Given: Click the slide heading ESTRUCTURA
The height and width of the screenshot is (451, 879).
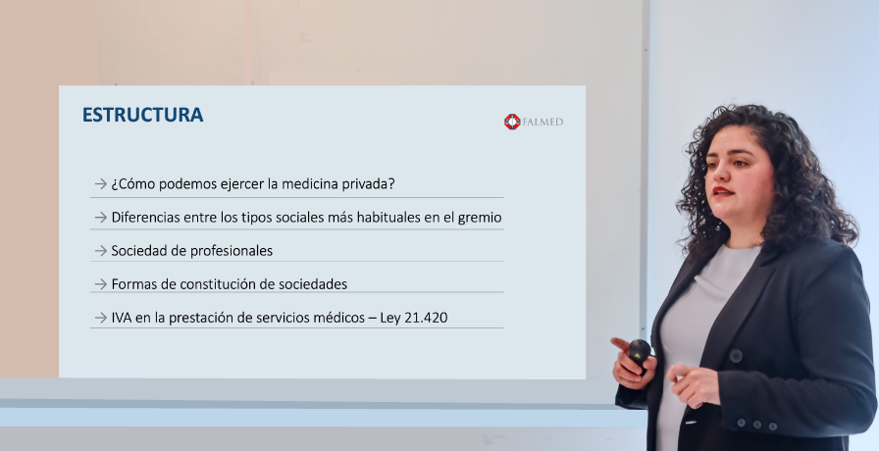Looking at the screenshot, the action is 142,115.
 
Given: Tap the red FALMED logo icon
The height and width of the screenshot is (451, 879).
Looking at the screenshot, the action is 512,122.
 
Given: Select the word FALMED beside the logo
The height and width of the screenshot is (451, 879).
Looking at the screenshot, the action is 543,123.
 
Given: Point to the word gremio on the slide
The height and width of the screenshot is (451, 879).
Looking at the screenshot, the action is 480,218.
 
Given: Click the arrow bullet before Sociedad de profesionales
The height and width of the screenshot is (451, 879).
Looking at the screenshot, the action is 100,250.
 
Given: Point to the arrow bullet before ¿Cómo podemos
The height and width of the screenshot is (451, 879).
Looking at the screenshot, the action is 100,183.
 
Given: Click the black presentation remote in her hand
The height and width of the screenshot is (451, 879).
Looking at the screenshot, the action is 640,352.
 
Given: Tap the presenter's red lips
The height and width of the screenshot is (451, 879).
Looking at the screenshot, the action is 722,192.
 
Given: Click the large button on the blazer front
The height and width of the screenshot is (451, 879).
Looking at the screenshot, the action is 736,356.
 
